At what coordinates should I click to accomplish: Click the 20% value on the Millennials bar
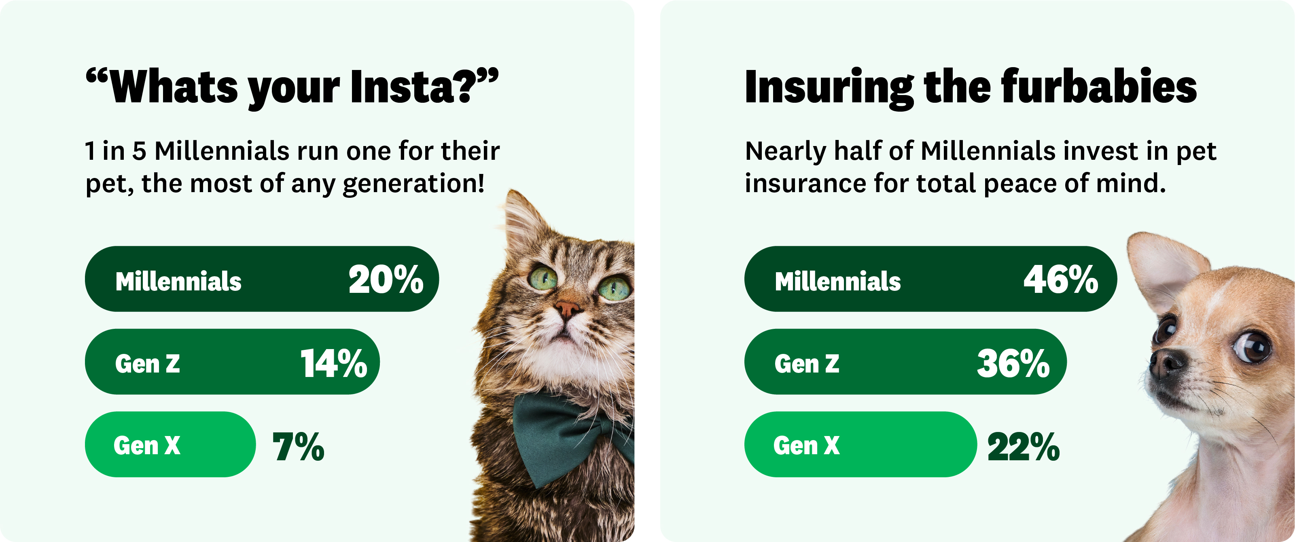386,279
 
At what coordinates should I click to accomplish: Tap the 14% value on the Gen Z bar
334,363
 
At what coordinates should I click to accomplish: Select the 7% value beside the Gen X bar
298,446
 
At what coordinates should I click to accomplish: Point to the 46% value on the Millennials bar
1061,279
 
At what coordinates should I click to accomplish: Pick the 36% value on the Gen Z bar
1013,363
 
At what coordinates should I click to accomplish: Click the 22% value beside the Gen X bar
1024,446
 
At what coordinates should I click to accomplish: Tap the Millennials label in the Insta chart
178,281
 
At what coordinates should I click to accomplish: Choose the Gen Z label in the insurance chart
807,364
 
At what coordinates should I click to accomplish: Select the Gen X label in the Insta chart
147,445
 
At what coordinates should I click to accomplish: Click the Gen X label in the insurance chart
806,445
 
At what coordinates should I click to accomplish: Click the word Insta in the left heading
413,87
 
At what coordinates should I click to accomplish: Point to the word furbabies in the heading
1099,86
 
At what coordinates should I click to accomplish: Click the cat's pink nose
568,308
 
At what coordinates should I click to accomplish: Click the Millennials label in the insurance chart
838,281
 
